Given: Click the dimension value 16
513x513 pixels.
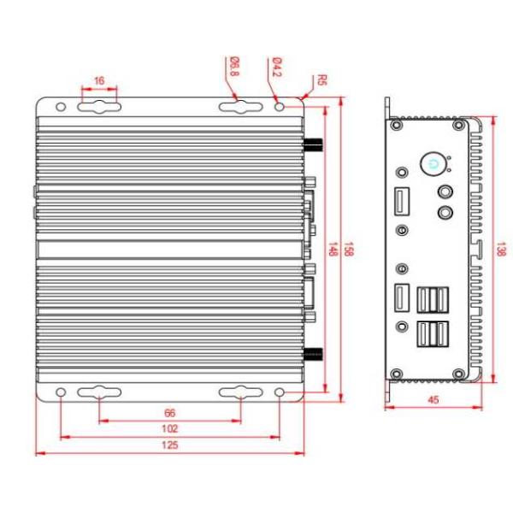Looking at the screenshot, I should [99, 80].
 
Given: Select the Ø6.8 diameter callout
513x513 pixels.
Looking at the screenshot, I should [233, 67].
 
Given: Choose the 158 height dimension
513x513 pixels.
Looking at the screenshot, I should [348, 249].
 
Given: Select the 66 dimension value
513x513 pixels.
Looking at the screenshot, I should [169, 413].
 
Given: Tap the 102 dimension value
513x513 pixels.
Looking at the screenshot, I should [169, 428].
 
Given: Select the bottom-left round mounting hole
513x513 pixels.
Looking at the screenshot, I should [61, 392].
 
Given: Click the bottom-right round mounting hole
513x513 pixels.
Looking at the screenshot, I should [280, 392].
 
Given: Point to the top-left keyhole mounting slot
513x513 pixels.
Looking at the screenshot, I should [99, 108].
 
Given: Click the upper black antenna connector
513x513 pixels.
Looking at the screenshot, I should [314, 144].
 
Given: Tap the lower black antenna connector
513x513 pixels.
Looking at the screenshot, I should [314, 354].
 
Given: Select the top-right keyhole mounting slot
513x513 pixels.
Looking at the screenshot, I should [240, 108].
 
